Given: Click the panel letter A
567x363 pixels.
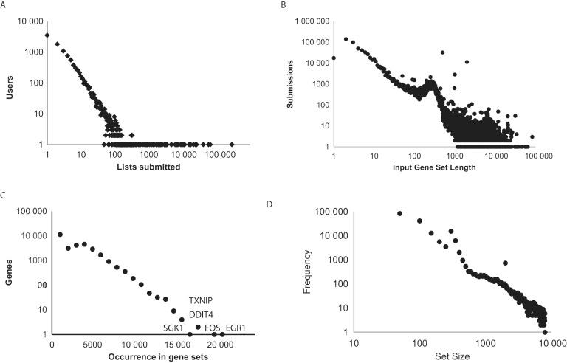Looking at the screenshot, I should click(5, 5).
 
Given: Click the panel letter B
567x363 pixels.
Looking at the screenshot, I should click(285, 5).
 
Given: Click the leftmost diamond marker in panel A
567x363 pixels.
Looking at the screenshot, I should click(47, 35).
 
